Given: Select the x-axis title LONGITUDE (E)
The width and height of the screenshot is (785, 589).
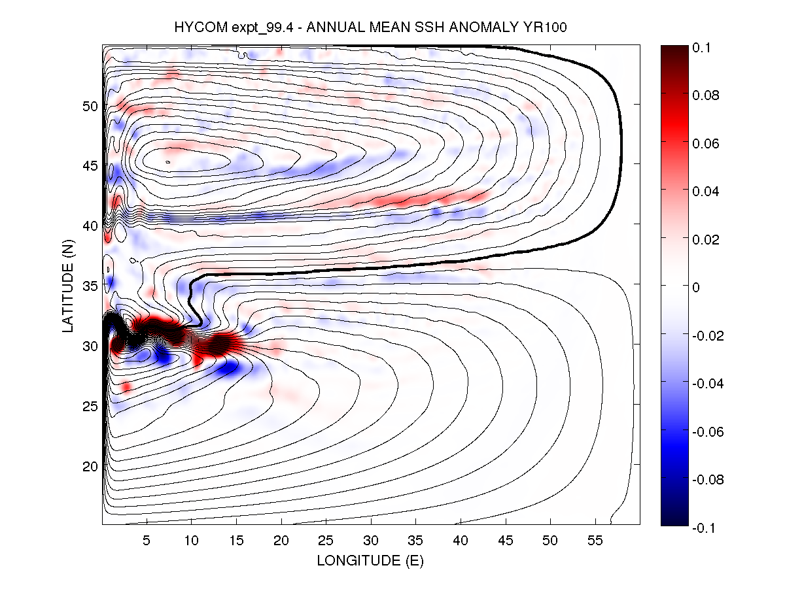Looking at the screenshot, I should click(370, 560).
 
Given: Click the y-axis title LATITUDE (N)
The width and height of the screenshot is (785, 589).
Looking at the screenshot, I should click(68, 285).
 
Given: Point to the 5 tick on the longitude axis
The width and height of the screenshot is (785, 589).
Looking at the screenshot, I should click(147, 541).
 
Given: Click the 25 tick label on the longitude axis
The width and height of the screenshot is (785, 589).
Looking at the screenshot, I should click(326, 541).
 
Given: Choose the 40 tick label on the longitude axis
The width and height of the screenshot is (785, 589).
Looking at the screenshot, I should click(461, 541).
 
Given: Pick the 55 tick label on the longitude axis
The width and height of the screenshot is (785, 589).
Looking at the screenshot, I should click(595, 541).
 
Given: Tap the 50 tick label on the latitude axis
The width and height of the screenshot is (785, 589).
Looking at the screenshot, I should click(89, 106).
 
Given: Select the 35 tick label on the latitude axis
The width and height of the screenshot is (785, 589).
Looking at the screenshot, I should click(89, 286).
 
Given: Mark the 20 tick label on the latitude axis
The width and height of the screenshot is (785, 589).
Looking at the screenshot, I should click(89, 466).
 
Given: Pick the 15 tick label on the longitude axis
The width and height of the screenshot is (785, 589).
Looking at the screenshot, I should click(237, 541).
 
